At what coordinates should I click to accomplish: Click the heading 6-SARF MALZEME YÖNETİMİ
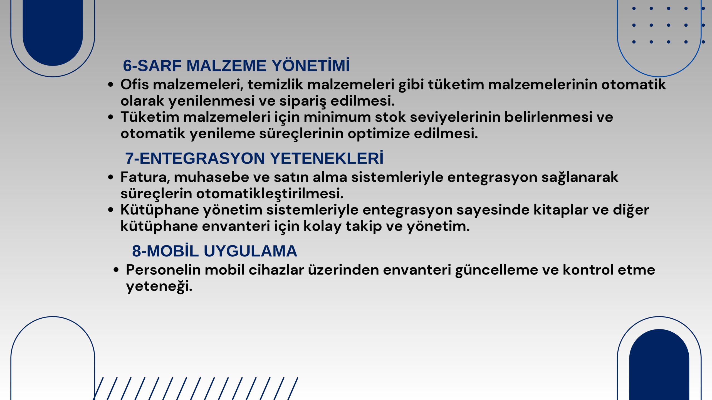pos(236,66)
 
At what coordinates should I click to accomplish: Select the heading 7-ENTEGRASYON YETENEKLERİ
pos(254,158)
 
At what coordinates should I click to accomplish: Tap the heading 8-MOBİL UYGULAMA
pos(214,251)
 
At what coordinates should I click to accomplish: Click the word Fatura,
pos(145,177)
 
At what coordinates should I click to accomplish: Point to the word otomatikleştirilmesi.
pos(270,194)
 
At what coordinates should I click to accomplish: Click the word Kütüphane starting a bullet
pos(160,210)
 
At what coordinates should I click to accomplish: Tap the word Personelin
pos(163,270)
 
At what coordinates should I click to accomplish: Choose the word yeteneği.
pos(159,287)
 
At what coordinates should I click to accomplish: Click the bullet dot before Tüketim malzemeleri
pos(111,117)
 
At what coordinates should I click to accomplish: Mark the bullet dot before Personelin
pos(116,270)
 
